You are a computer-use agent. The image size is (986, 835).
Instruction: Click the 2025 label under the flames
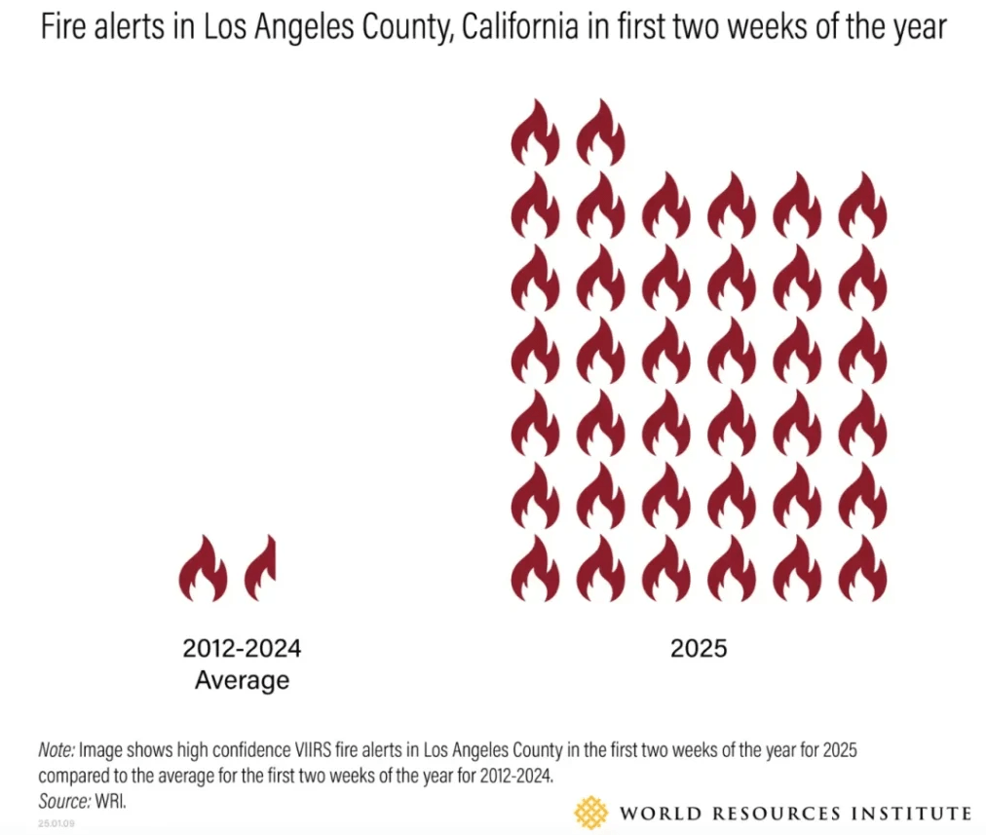tap(699, 648)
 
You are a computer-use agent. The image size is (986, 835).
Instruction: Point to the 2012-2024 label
tap(242, 648)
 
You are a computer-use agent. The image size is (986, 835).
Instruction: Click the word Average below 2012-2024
tap(242, 679)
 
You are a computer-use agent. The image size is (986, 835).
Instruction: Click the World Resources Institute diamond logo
tap(590, 812)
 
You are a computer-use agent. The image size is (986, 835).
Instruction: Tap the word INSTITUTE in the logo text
tap(917, 813)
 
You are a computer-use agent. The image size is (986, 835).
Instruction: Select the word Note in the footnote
tap(56, 751)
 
